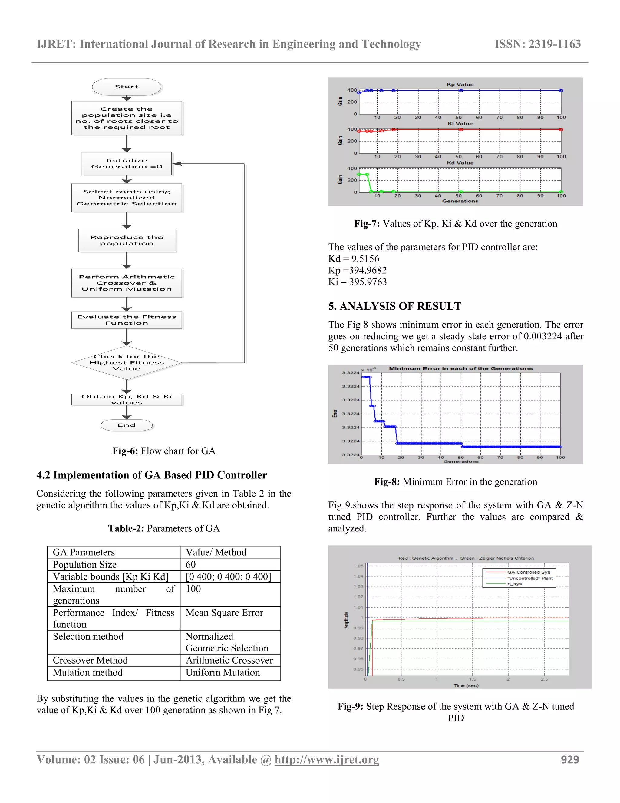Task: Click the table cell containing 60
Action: (191, 565)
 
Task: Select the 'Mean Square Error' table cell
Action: (224, 613)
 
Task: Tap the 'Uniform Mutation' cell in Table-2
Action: (223, 672)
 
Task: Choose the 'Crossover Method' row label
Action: (90, 660)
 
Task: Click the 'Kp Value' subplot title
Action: (460, 85)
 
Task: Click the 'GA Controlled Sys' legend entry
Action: (529, 572)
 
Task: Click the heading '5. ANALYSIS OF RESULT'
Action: (394, 306)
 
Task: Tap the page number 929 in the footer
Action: (570, 760)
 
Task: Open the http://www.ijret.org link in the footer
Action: (327, 760)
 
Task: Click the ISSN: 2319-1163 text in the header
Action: (537, 44)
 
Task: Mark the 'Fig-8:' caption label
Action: (387, 482)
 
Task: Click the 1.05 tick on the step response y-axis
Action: (358, 566)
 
